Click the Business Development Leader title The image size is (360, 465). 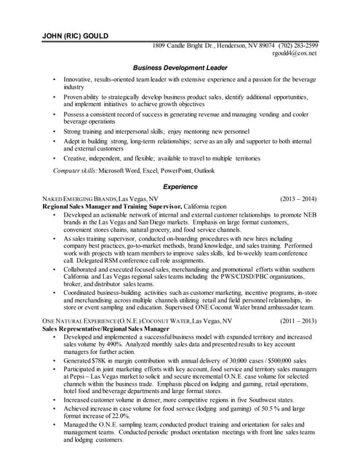180,68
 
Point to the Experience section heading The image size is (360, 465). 180,187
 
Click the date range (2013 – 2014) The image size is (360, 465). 298,198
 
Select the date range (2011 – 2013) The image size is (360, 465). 298,320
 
